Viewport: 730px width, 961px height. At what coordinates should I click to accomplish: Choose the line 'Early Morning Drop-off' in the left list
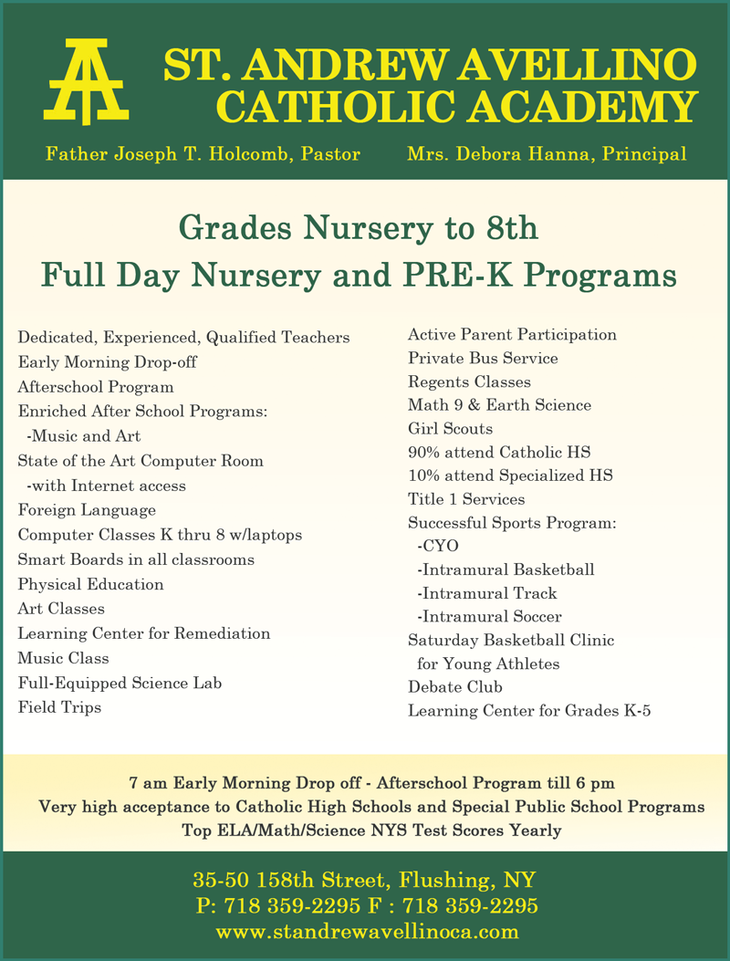[107, 362]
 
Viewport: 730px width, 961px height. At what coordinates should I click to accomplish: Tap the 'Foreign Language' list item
[87, 510]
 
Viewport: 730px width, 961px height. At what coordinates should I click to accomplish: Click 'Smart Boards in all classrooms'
[136, 559]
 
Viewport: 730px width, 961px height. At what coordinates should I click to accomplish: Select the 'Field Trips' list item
[59, 707]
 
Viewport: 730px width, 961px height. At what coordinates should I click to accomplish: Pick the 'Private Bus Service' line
[483, 359]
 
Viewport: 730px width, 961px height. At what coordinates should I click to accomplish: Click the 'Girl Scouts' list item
[450, 429]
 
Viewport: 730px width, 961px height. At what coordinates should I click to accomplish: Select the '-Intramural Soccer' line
[488, 617]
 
